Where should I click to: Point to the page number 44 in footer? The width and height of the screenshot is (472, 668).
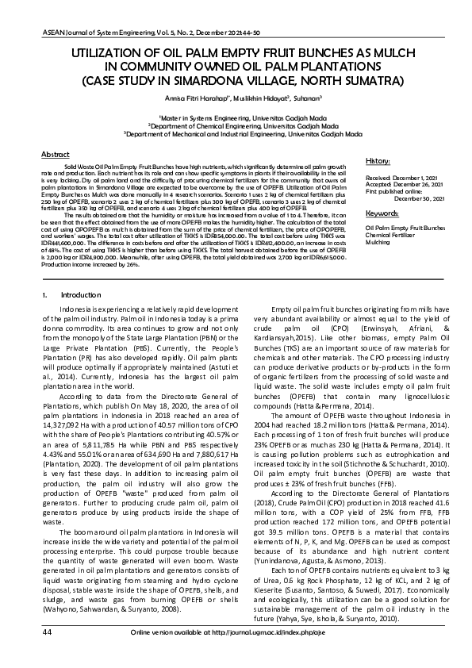pos(25,655)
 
